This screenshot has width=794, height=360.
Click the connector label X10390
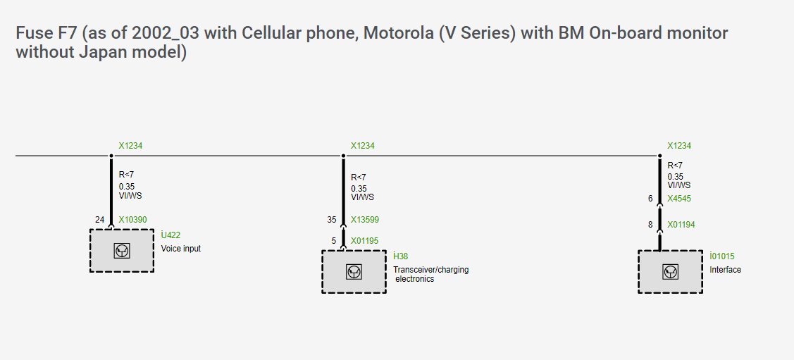click(x=132, y=220)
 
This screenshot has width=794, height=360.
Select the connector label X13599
click(x=365, y=220)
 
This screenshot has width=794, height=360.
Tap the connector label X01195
click(x=364, y=241)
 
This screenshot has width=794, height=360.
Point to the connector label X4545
click(x=679, y=199)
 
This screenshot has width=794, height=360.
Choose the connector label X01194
click(x=681, y=225)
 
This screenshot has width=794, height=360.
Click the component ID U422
click(x=171, y=236)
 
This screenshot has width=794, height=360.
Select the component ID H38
click(x=400, y=256)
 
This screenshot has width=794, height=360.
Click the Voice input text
click(x=181, y=249)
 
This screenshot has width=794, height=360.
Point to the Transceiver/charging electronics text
click(x=430, y=274)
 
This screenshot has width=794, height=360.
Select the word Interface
click(x=725, y=270)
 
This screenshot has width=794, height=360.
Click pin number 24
click(x=99, y=220)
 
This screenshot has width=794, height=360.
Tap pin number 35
click(x=332, y=220)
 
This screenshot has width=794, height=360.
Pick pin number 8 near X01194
click(x=651, y=225)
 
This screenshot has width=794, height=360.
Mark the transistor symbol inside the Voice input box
click(x=122, y=250)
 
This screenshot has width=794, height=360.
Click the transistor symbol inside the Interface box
click(x=670, y=271)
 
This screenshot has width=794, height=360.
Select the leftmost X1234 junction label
click(x=130, y=146)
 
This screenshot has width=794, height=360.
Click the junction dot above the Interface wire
click(x=660, y=155)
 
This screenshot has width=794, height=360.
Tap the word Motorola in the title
click(x=397, y=33)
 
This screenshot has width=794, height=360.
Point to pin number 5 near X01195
click(x=335, y=241)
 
